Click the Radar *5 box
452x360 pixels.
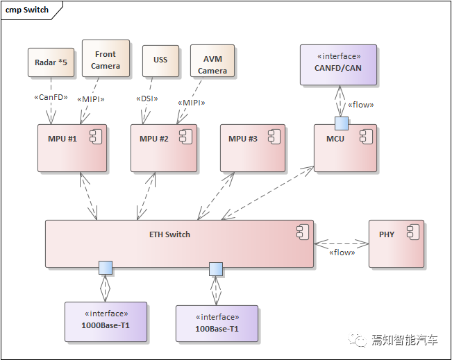[x=51, y=62]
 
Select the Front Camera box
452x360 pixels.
[x=106, y=60]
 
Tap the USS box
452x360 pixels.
[x=160, y=60]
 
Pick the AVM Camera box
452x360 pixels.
[x=212, y=65]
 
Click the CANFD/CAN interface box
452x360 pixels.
[x=338, y=65]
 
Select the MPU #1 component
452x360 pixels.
[x=72, y=148]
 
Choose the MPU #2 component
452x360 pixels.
[x=163, y=148]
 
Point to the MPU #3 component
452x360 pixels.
[x=253, y=148]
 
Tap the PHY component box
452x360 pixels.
[x=396, y=243]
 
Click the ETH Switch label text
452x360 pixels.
[x=169, y=234]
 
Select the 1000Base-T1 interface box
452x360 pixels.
[x=106, y=322]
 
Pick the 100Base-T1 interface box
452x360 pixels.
[x=217, y=323]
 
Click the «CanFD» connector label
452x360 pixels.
[x=51, y=98]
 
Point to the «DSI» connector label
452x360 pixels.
[x=147, y=98]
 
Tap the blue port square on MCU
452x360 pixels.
[x=341, y=123]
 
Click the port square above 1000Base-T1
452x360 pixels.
[x=105, y=267]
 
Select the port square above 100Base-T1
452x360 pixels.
[x=216, y=268]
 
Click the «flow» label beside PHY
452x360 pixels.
[x=342, y=252]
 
